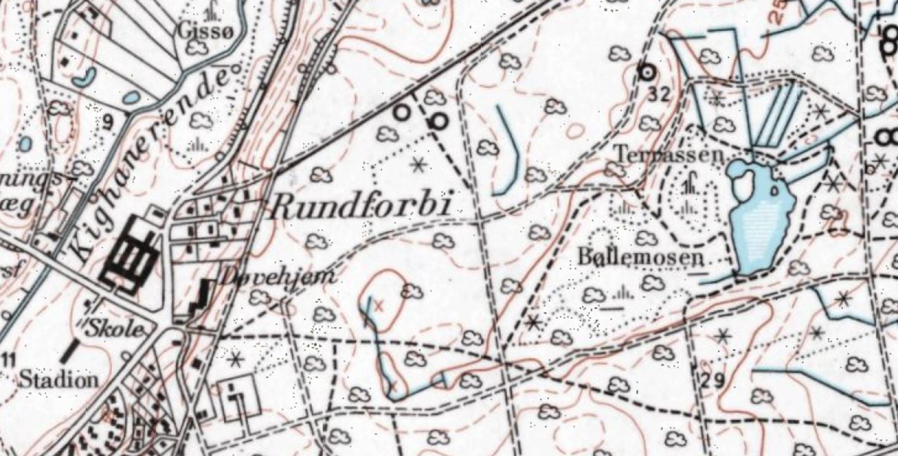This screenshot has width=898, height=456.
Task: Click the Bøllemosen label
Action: [x=641, y=257]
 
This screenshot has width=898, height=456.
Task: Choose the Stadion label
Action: [x=59, y=379]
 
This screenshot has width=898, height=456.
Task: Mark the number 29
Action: [x=712, y=381]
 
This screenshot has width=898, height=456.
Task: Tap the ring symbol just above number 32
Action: [x=646, y=73]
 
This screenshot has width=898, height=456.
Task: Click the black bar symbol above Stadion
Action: [x=73, y=350]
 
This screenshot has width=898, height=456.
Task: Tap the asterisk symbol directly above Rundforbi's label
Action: [x=417, y=166]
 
